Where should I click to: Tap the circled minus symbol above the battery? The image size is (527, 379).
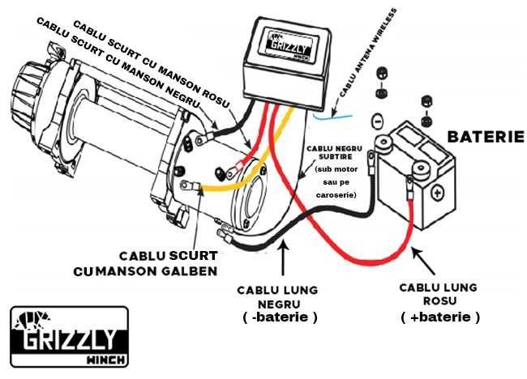375,122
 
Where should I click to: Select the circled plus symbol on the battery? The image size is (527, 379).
437,194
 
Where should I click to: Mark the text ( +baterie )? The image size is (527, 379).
440,317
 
